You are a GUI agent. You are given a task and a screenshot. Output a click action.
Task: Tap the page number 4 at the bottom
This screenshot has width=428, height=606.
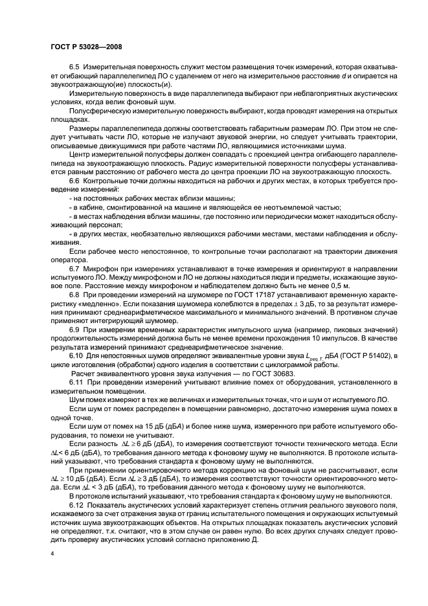[x=52, y=554]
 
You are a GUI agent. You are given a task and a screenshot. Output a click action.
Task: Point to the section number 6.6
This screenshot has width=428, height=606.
[x=74, y=181]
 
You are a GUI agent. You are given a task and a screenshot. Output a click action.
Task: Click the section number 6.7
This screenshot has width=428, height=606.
[x=74, y=267]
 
